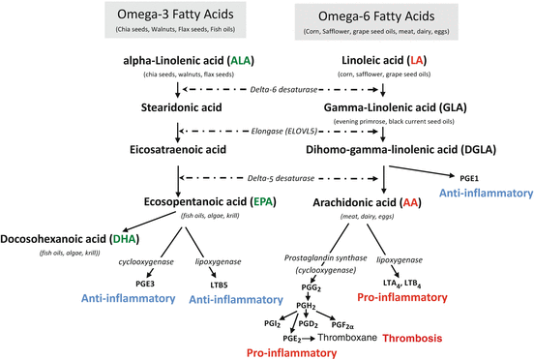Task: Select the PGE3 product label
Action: coord(146,283)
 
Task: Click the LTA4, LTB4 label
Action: coord(416,280)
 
